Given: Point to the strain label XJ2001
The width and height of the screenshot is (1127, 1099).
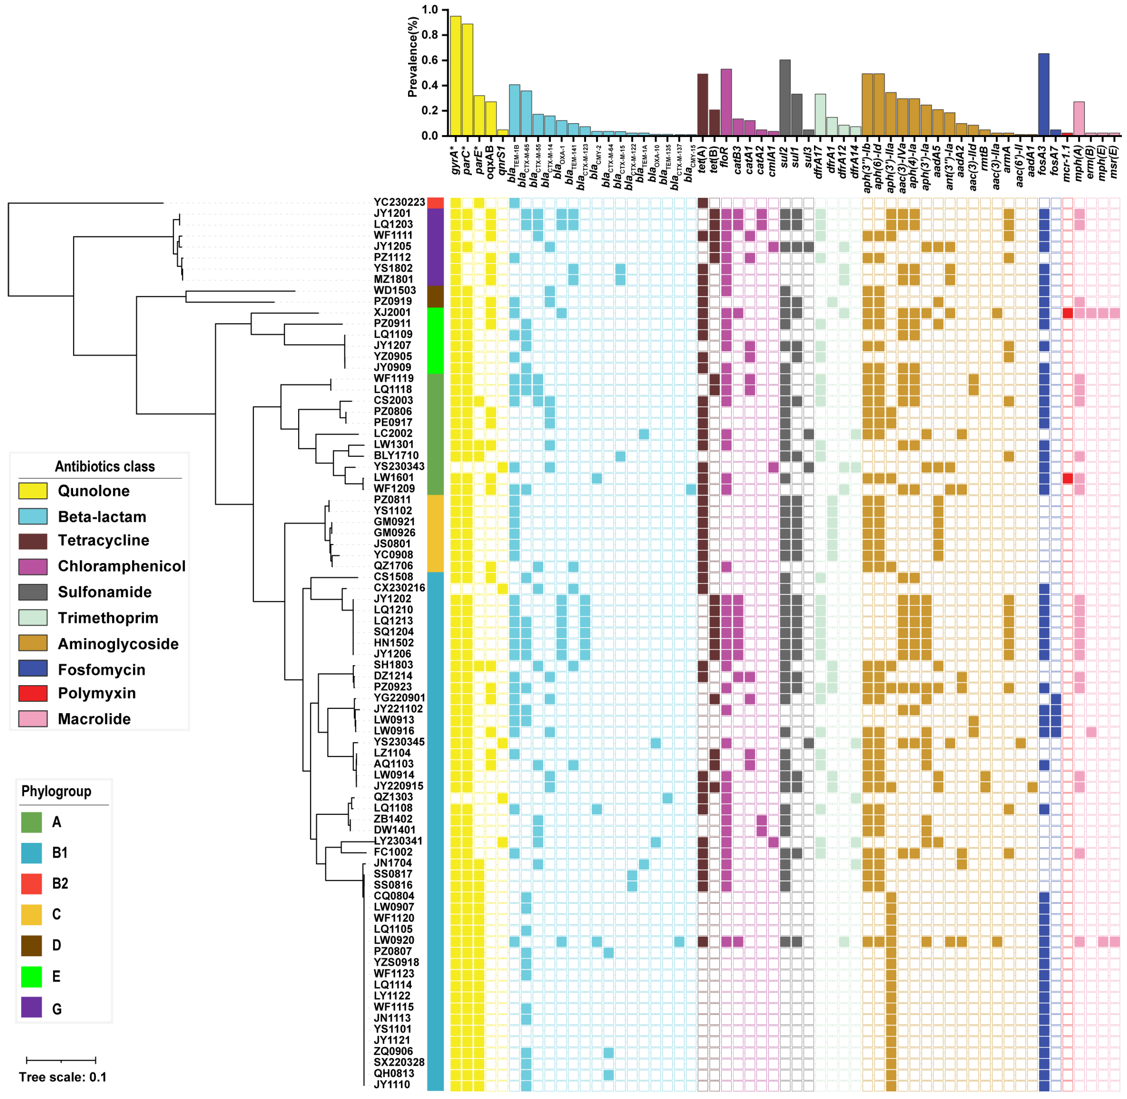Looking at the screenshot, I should click(x=393, y=312).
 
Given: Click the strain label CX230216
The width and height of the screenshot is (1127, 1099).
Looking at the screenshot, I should click(x=399, y=588).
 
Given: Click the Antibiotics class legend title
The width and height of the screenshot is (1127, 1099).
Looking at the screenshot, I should click(x=104, y=466).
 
